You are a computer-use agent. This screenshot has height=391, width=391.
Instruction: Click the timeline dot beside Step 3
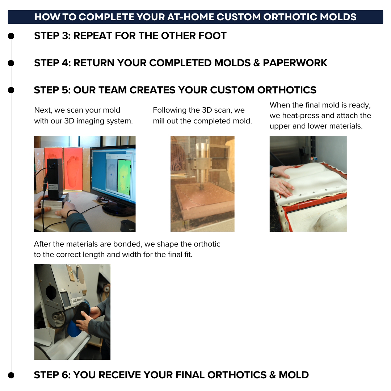(11, 36)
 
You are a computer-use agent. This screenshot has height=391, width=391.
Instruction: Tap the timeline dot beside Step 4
(11, 63)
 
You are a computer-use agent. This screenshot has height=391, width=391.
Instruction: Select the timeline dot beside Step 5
(11, 90)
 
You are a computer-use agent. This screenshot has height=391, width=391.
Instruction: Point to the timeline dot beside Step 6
(11, 375)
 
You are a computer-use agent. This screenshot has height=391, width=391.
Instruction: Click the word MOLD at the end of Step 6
(294, 375)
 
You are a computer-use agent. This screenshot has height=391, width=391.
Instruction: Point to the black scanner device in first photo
(55, 177)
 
